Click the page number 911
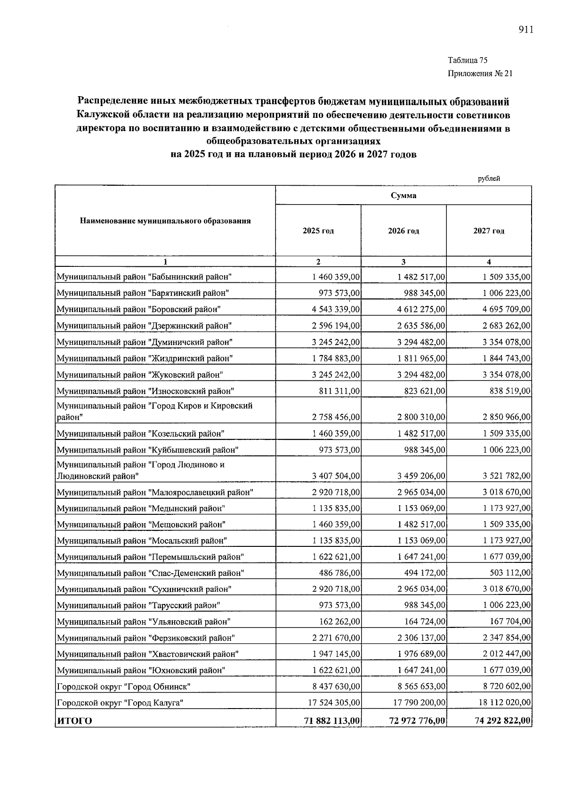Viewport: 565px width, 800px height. [x=525, y=30]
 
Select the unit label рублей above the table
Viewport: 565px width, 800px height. [x=489, y=178]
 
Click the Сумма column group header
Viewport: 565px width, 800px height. [x=404, y=196]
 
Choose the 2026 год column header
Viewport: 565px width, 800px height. [x=404, y=231]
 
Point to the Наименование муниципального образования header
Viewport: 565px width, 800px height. [x=165, y=221]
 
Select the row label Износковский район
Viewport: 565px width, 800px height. [x=145, y=391]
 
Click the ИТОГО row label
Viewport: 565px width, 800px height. [x=74, y=721]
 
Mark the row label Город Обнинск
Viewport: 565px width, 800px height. [x=123, y=686]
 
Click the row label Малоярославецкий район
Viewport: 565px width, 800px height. [x=155, y=493]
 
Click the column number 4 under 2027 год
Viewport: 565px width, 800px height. [x=489, y=262]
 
